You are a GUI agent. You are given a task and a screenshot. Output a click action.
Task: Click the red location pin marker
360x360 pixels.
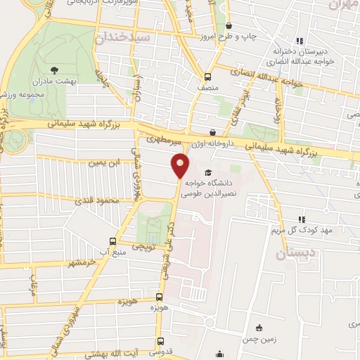[180, 165]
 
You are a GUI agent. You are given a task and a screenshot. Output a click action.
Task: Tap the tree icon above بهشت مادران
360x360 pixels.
[55, 69]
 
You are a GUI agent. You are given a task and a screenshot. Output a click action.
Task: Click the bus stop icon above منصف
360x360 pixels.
[207, 77]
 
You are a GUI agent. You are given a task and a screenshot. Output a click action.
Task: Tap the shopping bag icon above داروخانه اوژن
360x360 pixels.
[213, 131]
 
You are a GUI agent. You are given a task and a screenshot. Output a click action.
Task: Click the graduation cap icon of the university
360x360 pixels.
[207, 172]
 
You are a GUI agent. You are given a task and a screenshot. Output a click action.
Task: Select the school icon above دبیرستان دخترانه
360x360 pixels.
[300, 41]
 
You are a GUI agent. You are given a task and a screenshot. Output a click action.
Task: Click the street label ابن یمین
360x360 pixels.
[101, 163]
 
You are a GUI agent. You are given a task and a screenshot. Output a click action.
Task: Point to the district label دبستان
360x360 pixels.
[290, 254]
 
